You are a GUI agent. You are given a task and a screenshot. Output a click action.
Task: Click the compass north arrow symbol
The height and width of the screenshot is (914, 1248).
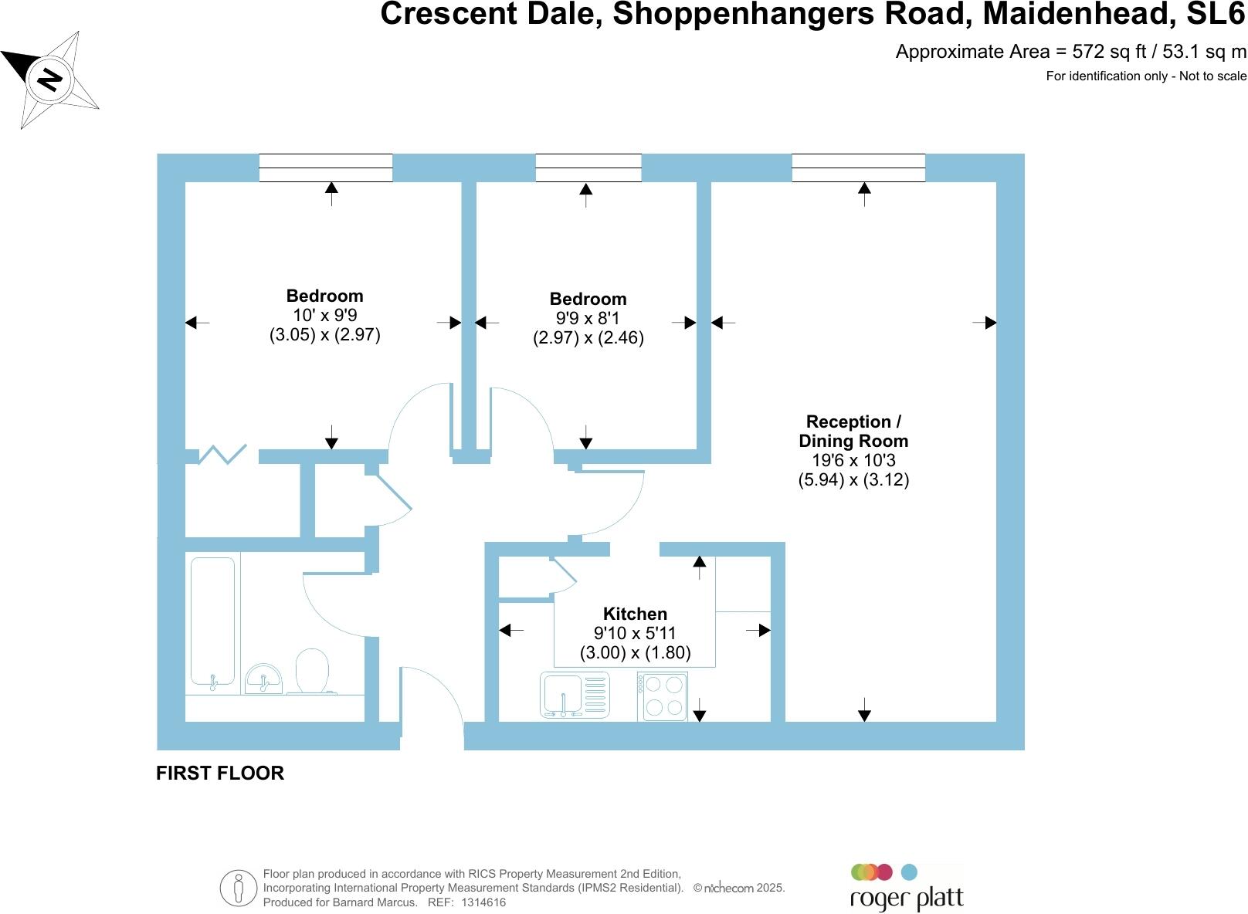(50, 79)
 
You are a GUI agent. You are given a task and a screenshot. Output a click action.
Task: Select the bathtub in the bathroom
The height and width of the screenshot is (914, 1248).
(212, 622)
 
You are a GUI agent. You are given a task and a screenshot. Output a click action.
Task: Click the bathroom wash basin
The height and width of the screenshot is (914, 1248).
(264, 679)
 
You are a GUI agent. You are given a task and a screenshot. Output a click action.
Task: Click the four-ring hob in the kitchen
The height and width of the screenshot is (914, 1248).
(663, 696)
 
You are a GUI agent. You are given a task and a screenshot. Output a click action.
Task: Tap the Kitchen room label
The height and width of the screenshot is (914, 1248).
(635, 614)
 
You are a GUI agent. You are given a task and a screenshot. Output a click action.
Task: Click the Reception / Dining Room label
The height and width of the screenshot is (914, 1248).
(853, 432)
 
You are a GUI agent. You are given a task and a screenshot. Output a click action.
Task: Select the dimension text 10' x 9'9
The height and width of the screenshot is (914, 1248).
(324, 315)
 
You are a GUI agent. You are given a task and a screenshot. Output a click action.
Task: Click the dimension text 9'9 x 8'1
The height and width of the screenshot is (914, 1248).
(588, 318)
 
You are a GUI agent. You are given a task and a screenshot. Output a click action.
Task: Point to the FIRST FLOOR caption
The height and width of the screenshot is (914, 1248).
(220, 773)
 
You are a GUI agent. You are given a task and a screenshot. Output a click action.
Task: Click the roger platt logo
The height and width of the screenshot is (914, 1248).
(907, 889)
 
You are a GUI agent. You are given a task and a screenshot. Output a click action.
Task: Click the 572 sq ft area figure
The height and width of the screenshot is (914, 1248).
(1108, 52)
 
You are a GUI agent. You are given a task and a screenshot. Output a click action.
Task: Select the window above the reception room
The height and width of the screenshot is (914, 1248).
(859, 168)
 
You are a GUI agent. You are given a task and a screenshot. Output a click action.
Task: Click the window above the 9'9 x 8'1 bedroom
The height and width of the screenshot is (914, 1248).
(588, 168)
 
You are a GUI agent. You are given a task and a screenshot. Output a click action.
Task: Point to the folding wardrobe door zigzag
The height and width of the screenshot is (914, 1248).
(222, 455)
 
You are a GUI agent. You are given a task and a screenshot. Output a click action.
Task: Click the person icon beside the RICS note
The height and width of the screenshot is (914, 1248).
(239, 888)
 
